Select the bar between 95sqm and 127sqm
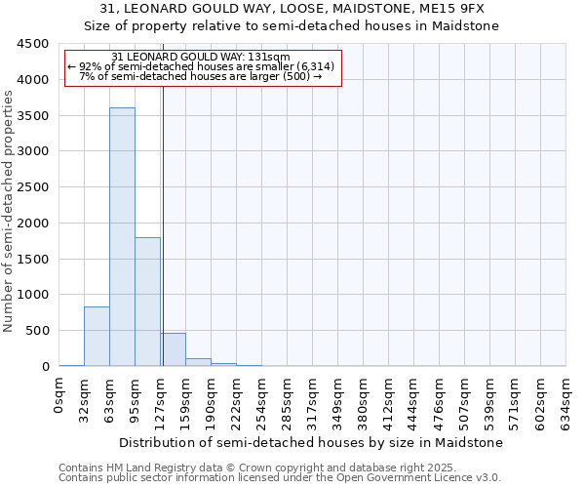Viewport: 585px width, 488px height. point(147,302)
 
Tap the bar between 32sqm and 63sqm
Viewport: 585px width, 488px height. point(97,337)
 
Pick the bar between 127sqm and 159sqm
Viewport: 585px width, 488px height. point(173,349)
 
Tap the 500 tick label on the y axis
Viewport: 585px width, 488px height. point(38,331)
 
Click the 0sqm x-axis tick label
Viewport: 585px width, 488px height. point(59,396)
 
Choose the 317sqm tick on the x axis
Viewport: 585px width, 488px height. point(313,400)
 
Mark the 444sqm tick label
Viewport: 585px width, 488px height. point(414,400)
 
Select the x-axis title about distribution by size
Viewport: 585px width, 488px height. point(312,442)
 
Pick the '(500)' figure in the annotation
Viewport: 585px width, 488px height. point(295,75)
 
